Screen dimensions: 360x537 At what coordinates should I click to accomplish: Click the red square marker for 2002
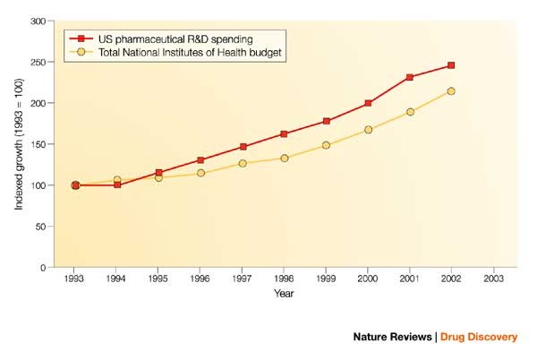(451, 65)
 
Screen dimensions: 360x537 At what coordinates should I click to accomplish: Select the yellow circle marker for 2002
(451, 91)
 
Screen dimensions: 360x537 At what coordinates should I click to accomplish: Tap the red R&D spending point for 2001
(409, 77)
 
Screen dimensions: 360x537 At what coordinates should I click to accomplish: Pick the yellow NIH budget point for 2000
(368, 130)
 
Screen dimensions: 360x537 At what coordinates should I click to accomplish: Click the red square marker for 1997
(243, 147)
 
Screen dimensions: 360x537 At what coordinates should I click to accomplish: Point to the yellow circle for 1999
(326, 145)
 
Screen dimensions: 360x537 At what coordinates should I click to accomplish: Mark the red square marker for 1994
(117, 185)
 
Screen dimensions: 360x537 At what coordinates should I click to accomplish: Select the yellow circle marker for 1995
(159, 177)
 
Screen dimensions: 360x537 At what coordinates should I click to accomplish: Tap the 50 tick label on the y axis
(40, 227)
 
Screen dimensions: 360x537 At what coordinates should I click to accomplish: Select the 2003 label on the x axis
(492, 279)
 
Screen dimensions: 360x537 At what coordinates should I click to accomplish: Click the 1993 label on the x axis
(75, 279)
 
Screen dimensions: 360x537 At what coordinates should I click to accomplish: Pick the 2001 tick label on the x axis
(409, 279)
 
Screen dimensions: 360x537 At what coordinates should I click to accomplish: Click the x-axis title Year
(284, 293)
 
